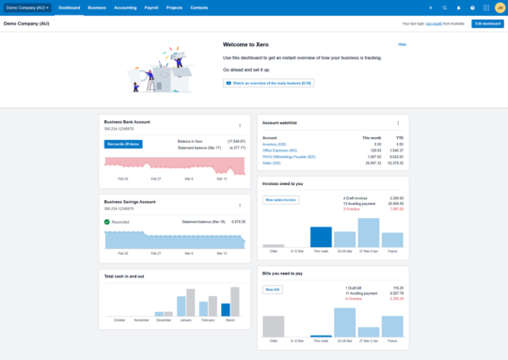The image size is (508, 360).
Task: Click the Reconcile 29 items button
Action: (123, 144)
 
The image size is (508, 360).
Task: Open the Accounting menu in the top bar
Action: (125, 7)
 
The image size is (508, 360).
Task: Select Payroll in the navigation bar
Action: (151, 7)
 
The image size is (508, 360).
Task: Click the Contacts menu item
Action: (199, 7)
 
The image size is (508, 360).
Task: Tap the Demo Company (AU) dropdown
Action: (28, 7)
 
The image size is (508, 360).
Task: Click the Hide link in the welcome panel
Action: (402, 44)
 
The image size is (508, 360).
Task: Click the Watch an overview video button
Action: (269, 83)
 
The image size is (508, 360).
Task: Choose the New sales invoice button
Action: (281, 200)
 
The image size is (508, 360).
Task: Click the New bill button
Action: (272, 289)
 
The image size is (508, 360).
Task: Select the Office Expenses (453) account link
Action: (280, 150)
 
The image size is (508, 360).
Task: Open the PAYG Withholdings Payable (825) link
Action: (290, 156)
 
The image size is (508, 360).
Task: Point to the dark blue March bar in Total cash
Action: (226, 309)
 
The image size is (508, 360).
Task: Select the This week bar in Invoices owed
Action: (321, 237)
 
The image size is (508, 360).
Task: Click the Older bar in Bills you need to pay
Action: (273, 325)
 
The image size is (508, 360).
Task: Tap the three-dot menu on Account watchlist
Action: (398, 123)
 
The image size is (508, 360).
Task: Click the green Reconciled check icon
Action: (107, 222)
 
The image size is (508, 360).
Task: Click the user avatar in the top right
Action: (500, 7)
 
